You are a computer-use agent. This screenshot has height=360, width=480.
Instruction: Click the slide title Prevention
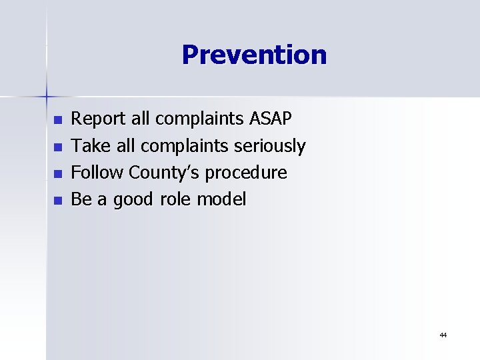[x=254, y=55]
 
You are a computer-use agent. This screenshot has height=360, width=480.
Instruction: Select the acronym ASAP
[x=270, y=119]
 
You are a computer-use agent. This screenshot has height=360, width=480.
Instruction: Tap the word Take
[x=87, y=145]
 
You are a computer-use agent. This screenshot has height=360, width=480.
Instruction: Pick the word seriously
[x=271, y=146]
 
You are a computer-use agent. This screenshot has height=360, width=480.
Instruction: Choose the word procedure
[x=246, y=173]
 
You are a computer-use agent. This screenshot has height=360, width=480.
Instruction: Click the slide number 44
[x=443, y=335]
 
